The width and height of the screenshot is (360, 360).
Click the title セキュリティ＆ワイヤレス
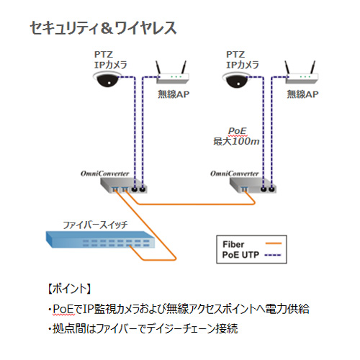point(104,28)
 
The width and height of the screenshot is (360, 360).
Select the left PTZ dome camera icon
point(107,80)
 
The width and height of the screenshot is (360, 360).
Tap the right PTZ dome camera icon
point(235,80)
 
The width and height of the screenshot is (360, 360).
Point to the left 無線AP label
point(174,94)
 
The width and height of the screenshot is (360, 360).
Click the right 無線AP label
point(302,94)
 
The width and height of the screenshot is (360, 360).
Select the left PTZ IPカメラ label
point(110,60)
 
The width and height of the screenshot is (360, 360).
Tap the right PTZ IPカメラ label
point(243,60)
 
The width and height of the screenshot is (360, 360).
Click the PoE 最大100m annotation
point(236,136)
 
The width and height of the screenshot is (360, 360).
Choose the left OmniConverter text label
point(104,174)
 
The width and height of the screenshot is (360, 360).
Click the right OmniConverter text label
point(234,174)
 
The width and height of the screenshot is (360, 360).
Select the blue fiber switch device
point(100,239)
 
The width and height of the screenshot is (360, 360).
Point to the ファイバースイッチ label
point(95,225)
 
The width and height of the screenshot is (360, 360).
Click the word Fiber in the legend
point(233,244)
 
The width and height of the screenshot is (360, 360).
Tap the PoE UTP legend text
point(240,255)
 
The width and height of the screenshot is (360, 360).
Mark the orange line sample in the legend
point(274,243)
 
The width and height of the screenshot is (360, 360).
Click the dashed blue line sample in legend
point(273,255)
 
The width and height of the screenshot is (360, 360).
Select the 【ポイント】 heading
point(69,289)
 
